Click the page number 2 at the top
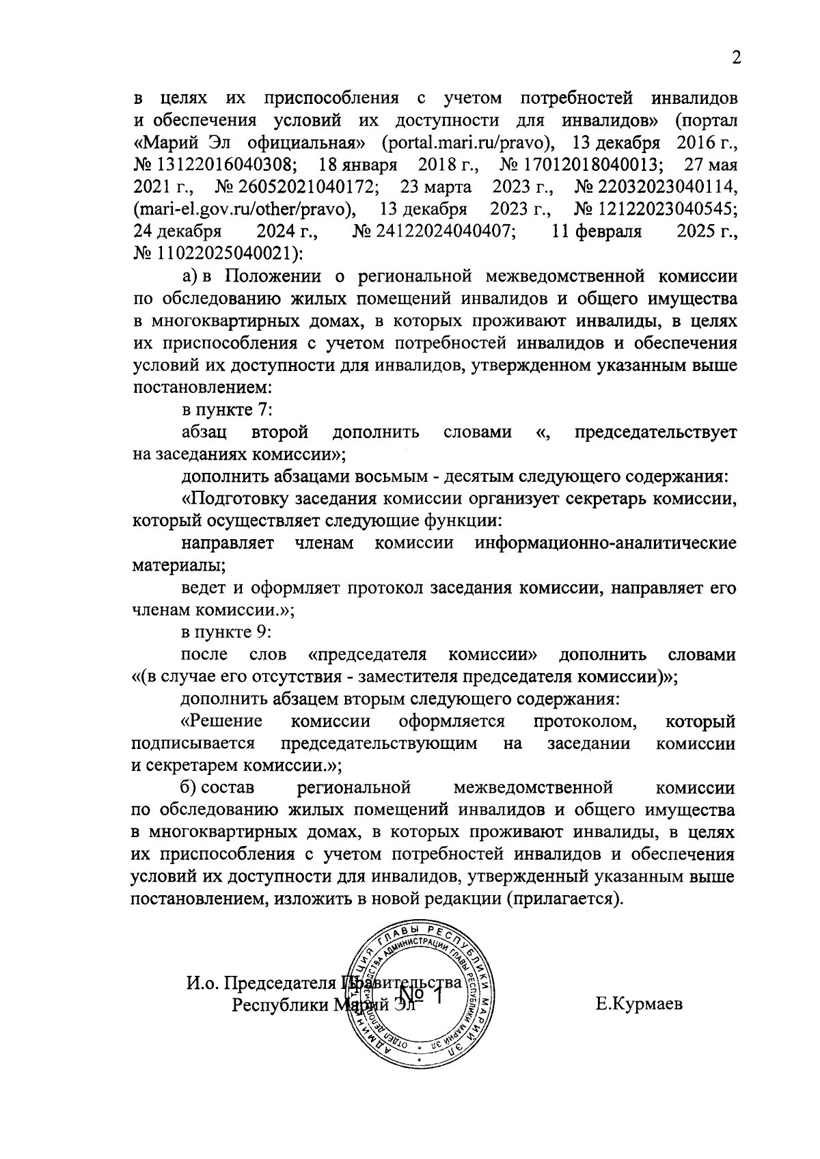[x=736, y=57]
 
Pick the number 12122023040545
[x=656, y=210]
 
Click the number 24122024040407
[x=435, y=232]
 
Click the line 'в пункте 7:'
[x=228, y=409]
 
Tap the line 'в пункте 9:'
[x=228, y=632]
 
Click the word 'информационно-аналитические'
[x=605, y=544]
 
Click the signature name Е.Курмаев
[x=640, y=1005]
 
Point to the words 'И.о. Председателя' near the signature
[x=262, y=984]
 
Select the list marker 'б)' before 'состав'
[x=189, y=788]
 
